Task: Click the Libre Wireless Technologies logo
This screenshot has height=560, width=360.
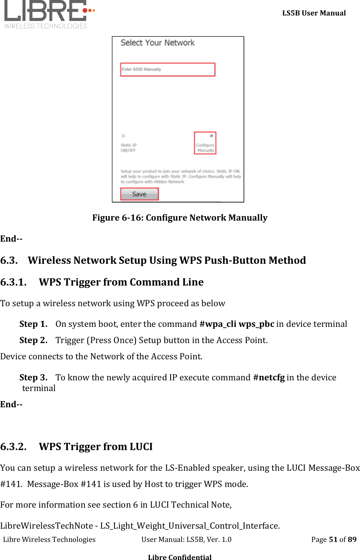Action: [48, 14]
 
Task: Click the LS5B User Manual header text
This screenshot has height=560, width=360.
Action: [314, 13]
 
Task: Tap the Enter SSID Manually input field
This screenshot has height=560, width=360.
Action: [168, 69]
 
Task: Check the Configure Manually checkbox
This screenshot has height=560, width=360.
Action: [212, 136]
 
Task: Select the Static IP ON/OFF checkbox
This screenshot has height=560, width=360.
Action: [123, 136]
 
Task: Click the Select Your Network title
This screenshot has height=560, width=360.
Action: [157, 43]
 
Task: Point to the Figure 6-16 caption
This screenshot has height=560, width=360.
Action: [180, 218]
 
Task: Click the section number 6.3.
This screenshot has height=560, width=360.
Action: [9, 260]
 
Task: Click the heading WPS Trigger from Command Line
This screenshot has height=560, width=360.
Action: [121, 282]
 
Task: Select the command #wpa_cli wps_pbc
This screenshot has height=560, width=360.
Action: [237, 324]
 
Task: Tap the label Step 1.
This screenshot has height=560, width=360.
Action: [33, 324]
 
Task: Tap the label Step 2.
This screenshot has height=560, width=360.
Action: [33, 340]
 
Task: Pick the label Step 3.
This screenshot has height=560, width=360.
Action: [33, 377]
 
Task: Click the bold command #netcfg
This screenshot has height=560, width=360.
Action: [269, 377]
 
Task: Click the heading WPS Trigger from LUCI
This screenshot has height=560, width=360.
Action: [96, 447]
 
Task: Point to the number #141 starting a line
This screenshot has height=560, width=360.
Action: [11, 484]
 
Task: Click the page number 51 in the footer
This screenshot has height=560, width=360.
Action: [333, 539]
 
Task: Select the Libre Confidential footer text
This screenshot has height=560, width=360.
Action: [180, 557]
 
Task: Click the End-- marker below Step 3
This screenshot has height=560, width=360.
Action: [11, 404]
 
